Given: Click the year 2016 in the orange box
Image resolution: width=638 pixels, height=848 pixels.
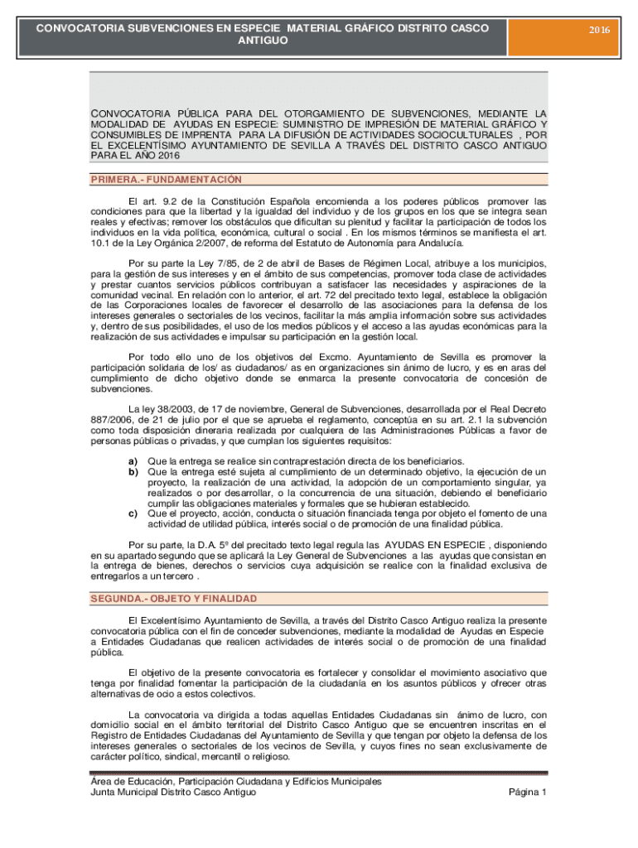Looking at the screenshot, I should coord(599,30).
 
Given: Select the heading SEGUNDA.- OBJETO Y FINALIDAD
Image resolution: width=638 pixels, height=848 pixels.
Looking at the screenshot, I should coord(174,599).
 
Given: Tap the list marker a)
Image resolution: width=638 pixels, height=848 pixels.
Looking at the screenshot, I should coord(132,460).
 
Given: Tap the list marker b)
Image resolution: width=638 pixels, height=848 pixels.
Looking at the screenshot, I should coord(132,471).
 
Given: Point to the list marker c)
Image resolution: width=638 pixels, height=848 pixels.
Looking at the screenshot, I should coord(132,513).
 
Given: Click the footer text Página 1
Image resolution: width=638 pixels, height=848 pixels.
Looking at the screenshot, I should coord(526,793).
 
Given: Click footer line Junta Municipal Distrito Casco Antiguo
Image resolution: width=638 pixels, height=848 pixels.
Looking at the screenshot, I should coord(173,793).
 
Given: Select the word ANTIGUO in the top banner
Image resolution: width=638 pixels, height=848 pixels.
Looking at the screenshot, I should coord(263,40).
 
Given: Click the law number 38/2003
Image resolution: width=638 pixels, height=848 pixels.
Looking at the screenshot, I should coord(181,409).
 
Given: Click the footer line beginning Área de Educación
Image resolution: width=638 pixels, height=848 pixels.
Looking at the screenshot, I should coord(236,781).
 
